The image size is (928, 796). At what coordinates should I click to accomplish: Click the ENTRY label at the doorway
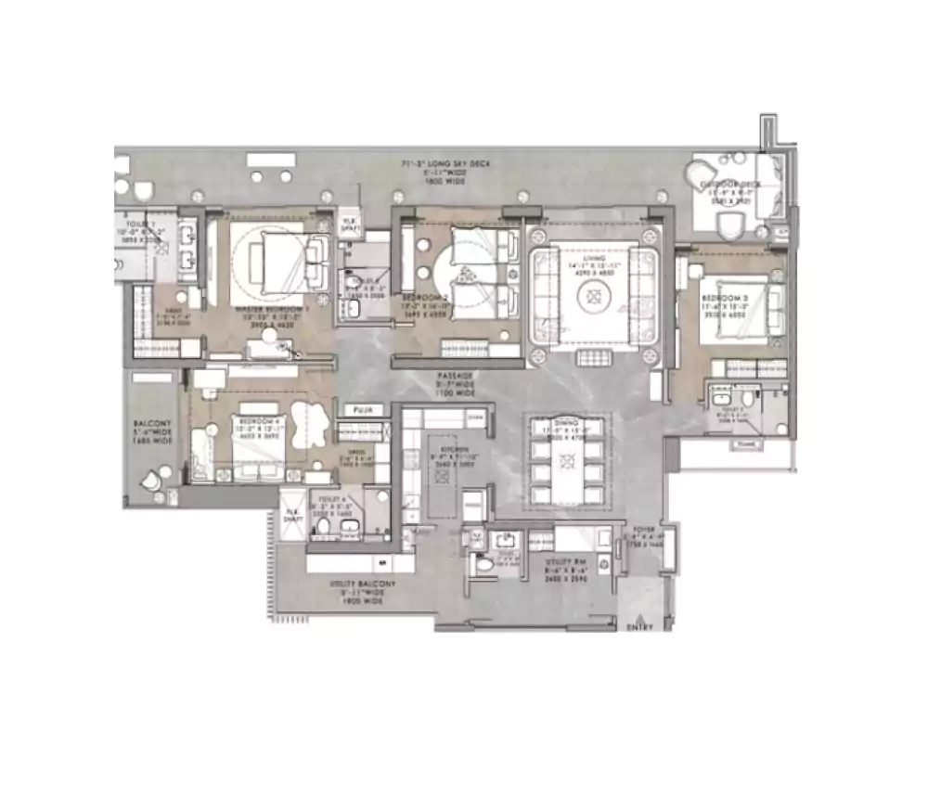[639, 628]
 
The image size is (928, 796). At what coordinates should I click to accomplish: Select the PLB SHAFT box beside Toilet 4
[294, 514]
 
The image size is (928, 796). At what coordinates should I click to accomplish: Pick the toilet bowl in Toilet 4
[324, 528]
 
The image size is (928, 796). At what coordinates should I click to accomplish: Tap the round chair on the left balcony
[150, 482]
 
